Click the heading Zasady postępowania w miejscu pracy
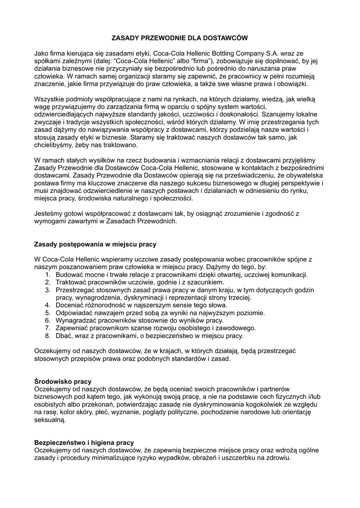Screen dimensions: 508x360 [95, 245]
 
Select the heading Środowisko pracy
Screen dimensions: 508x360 [63, 381]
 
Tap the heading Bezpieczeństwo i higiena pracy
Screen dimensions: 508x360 [84, 443]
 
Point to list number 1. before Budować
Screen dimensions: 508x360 [48, 275]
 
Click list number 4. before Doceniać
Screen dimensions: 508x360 [48, 306]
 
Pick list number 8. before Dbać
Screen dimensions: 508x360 [48, 336]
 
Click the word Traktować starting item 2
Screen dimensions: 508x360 [72, 282]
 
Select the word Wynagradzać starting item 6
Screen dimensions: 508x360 [77, 321]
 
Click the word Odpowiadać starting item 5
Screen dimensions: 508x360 [76, 313]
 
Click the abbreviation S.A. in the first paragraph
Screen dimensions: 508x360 [273, 53]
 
